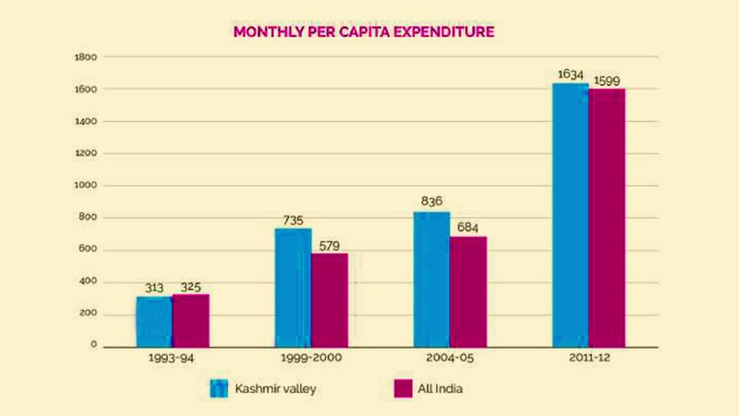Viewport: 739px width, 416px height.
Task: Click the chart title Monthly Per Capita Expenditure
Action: point(364,32)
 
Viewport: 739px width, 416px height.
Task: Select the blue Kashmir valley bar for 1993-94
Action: point(153,321)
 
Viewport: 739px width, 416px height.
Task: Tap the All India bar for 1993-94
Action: point(190,320)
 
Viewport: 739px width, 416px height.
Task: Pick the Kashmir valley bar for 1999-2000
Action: point(293,287)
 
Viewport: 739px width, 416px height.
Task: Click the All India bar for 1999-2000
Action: point(330,300)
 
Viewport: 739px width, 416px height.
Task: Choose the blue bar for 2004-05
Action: point(431,279)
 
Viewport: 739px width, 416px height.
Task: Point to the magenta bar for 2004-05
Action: point(468,291)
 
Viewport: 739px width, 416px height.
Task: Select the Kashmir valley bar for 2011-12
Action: point(570,214)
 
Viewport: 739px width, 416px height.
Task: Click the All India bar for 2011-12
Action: point(607,217)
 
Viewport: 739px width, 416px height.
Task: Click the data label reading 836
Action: point(431,202)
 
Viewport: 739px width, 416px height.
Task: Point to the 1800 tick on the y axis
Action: point(86,57)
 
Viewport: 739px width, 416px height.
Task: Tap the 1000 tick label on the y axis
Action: point(86,186)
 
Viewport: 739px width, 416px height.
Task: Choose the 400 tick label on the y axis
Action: point(89,282)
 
